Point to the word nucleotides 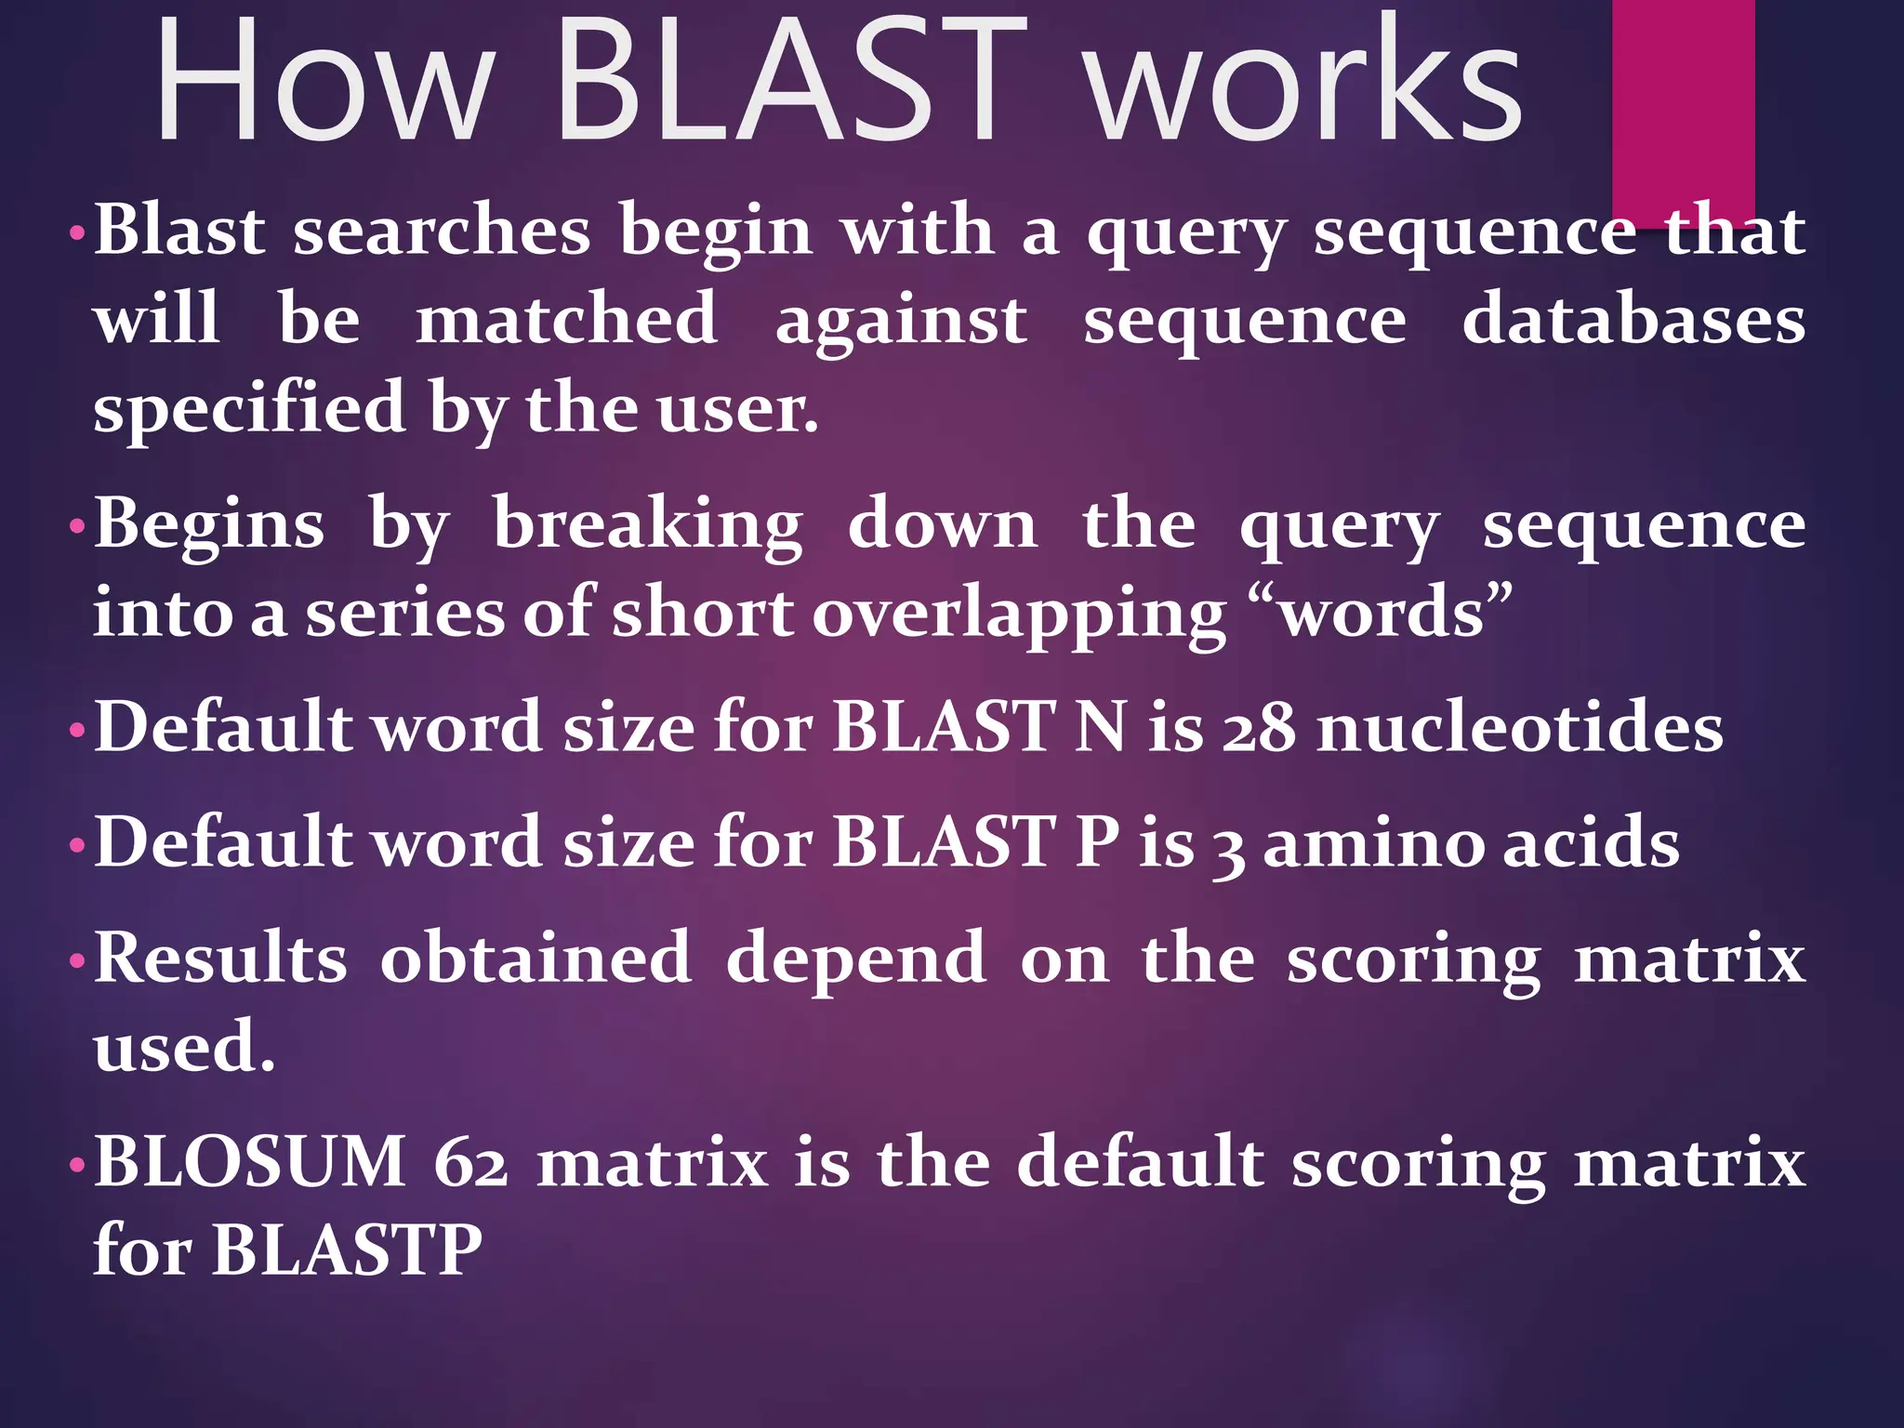[1521, 728]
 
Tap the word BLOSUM [251, 1162]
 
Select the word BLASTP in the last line [347, 1250]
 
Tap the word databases [1633, 320]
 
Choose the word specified [249, 409]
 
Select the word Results [221, 958]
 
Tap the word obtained [535, 958]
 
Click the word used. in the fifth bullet [184, 1046]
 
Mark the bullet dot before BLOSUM [77, 1165]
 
